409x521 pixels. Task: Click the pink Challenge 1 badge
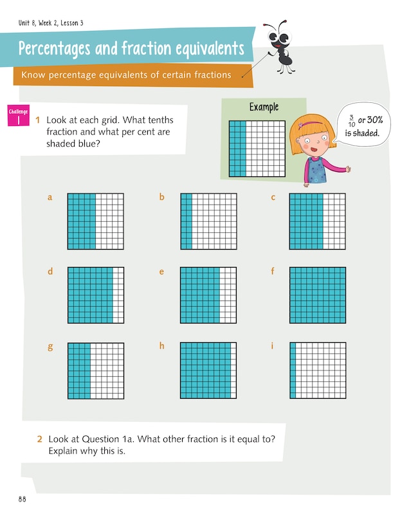[19, 115]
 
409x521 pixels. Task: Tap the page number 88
[23, 499]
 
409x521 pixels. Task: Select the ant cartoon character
[280, 46]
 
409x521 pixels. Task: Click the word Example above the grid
[264, 107]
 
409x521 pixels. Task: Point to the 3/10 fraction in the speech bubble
[352, 121]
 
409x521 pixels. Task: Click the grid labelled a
[96, 221]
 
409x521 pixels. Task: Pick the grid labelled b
[208, 221]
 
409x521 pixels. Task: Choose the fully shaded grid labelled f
[318, 295]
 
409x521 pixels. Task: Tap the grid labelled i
[318, 370]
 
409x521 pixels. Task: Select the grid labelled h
[208, 370]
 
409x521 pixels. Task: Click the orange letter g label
[50, 347]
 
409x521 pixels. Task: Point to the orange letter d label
[50, 271]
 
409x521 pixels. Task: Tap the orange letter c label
[273, 197]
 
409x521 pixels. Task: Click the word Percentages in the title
[54, 48]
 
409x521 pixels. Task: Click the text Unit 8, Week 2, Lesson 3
[51, 23]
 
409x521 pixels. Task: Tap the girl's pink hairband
[311, 124]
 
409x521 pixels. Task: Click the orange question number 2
[39, 439]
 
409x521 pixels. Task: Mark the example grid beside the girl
[257, 149]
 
